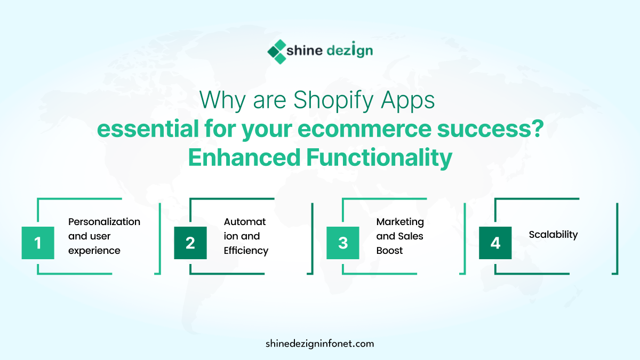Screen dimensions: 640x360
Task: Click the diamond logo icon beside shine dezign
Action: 277,52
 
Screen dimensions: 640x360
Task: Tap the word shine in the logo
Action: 305,51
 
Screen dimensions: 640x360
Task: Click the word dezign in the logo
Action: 350,50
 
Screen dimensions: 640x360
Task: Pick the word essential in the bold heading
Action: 148,129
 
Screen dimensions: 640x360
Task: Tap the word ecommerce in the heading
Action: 364,130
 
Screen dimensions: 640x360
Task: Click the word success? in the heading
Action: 490,129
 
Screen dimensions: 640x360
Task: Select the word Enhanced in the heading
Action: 244,157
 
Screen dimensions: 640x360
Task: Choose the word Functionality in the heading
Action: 379,158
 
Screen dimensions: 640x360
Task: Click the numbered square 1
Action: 38,243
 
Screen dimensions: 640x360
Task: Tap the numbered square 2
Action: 190,243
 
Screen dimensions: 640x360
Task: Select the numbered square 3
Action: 343,243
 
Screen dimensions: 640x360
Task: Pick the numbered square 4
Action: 495,243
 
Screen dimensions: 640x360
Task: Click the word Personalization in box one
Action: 105,222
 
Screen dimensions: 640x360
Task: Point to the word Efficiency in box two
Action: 246,251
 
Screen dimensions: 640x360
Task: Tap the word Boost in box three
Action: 389,251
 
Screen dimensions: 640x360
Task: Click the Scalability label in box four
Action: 553,235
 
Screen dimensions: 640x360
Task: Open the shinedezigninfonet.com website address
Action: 319,343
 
